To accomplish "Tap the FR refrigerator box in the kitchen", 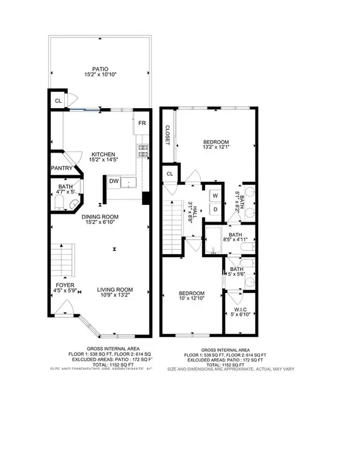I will click(142, 123).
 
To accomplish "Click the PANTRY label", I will click(61, 169).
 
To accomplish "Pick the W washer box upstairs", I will click(215, 196).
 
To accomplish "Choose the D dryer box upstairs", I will click(215, 208).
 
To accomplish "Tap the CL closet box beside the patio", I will click(58, 100).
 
